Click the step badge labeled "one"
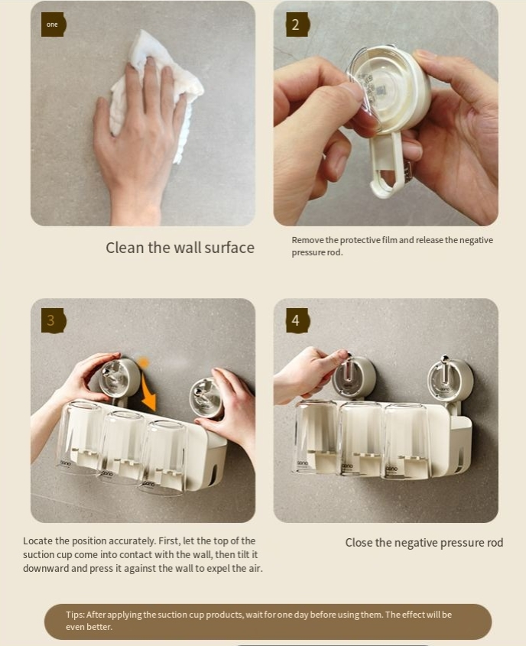pyautogui.click(x=53, y=24)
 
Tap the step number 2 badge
pyautogui.click(x=297, y=24)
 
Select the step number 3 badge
pyautogui.click(x=53, y=320)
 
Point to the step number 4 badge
pyautogui.click(x=297, y=320)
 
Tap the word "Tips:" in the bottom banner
pyautogui.click(x=75, y=615)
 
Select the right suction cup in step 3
pyautogui.click(x=206, y=398)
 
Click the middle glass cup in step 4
pyautogui.click(x=361, y=439)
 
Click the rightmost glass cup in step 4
pyautogui.click(x=407, y=442)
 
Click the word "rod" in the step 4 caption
pyautogui.click(x=495, y=543)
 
